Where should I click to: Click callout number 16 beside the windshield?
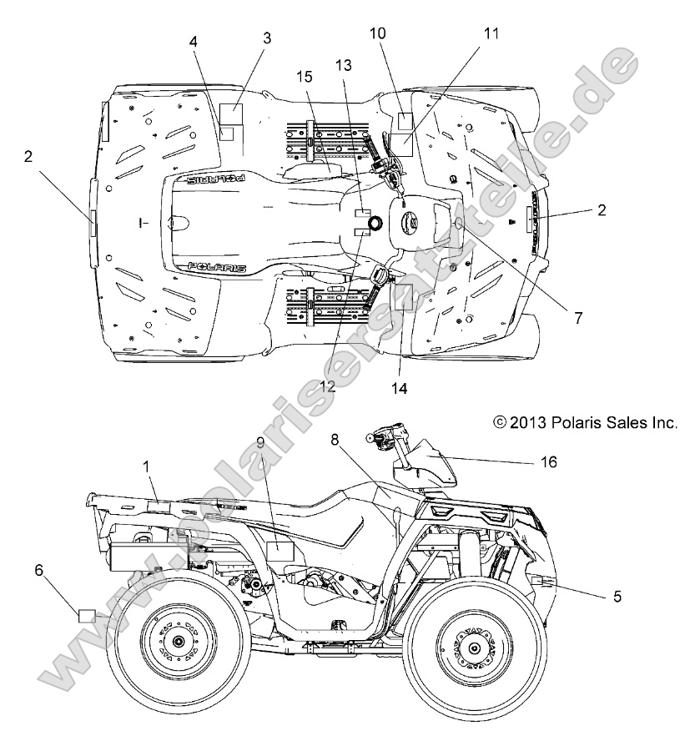[549, 461]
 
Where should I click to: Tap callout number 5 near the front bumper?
[617, 597]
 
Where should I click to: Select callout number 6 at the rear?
[39, 570]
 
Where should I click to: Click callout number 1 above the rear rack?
[146, 466]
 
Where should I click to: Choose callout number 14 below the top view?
[400, 387]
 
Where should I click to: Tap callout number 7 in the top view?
[578, 318]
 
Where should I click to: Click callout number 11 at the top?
[491, 33]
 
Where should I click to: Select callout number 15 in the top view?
[305, 77]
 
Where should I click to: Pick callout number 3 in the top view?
[267, 38]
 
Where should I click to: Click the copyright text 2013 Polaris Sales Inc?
[586, 422]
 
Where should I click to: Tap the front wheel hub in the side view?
[474, 648]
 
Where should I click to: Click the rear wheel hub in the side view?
[177, 642]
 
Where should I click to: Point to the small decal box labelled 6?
[86, 616]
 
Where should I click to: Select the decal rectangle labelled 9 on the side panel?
[280, 551]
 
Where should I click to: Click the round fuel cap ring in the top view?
[375, 223]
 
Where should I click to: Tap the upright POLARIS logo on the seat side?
[216, 267]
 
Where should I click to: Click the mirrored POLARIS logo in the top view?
[216, 179]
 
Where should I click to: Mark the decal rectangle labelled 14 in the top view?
[403, 296]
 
